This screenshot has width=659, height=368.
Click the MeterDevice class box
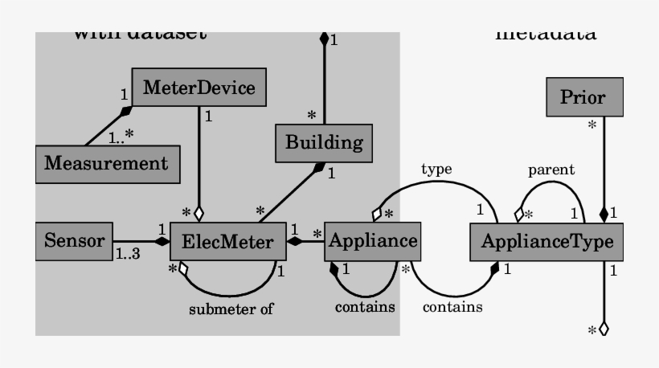tap(199, 88)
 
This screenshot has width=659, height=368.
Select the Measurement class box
tap(106, 164)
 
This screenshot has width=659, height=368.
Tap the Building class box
tap(324, 144)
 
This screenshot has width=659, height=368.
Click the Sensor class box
tap(74, 241)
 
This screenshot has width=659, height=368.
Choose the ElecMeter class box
tap(228, 241)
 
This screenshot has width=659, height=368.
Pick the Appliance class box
tap(372, 241)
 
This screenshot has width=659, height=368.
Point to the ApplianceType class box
tap(546, 241)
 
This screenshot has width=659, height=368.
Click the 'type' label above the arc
tap(436, 170)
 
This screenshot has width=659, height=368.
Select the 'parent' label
tap(551, 170)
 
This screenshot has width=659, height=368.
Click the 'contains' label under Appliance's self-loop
tap(365, 306)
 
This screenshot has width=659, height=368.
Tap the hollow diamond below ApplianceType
tap(604, 328)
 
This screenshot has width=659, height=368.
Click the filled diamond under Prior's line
tap(604, 214)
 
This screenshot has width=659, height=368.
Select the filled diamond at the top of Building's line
tap(324, 38)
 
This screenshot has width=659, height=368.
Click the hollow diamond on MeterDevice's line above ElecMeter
tap(199, 214)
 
